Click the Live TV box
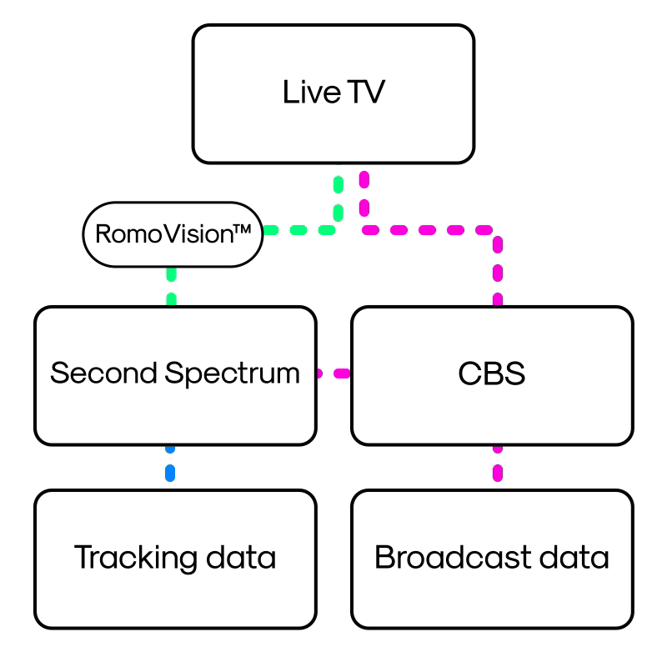point(333,93)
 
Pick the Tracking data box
point(175,558)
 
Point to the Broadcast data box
point(492,558)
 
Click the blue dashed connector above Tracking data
point(170,467)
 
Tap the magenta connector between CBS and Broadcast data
point(498,467)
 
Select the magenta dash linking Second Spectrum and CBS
point(333,374)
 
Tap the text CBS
point(492,374)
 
